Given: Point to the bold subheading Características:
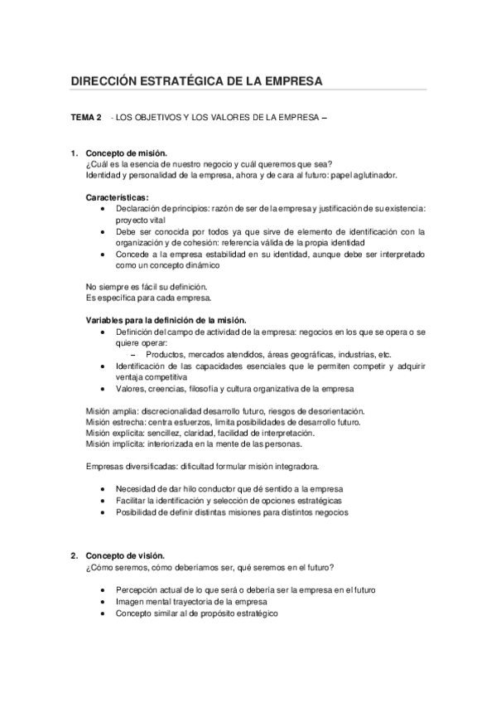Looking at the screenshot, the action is click(x=118, y=197).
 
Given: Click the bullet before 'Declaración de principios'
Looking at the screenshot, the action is click(x=101, y=209).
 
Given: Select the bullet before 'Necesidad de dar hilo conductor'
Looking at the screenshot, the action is click(x=101, y=488).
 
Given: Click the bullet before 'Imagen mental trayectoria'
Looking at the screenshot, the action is click(x=101, y=601).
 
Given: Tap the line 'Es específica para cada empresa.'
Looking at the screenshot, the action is click(x=149, y=298).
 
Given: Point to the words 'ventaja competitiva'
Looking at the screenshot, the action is click(x=152, y=376).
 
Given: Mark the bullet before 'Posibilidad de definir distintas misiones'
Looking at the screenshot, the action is click(x=101, y=511).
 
